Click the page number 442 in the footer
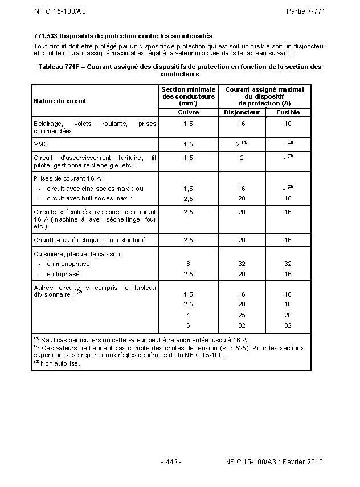(171, 461)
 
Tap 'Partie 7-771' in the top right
(305, 11)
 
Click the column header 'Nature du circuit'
(60, 101)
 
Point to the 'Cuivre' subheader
(188, 112)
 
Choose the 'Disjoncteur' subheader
(242, 112)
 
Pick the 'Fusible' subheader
(288, 112)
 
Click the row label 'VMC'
(40, 144)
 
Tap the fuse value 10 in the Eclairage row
(288, 124)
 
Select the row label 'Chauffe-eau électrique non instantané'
(89, 240)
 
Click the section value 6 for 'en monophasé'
(188, 264)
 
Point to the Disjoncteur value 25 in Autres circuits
(242, 314)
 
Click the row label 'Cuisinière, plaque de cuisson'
(79, 254)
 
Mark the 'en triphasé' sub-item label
(64, 273)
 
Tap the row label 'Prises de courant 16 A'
(69, 178)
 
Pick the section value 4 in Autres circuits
(188, 314)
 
